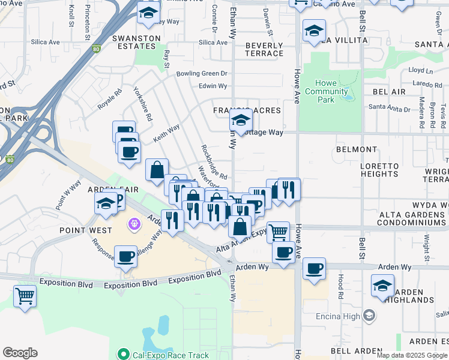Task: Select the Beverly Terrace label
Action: [264, 49]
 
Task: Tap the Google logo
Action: [20, 353]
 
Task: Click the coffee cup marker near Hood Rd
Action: [314, 269]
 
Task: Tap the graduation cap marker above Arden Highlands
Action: [382, 286]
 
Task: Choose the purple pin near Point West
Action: [133, 224]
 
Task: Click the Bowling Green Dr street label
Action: [202, 74]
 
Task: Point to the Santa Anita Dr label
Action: [390, 109]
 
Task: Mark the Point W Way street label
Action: [68, 195]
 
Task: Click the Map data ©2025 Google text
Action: [412, 355]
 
